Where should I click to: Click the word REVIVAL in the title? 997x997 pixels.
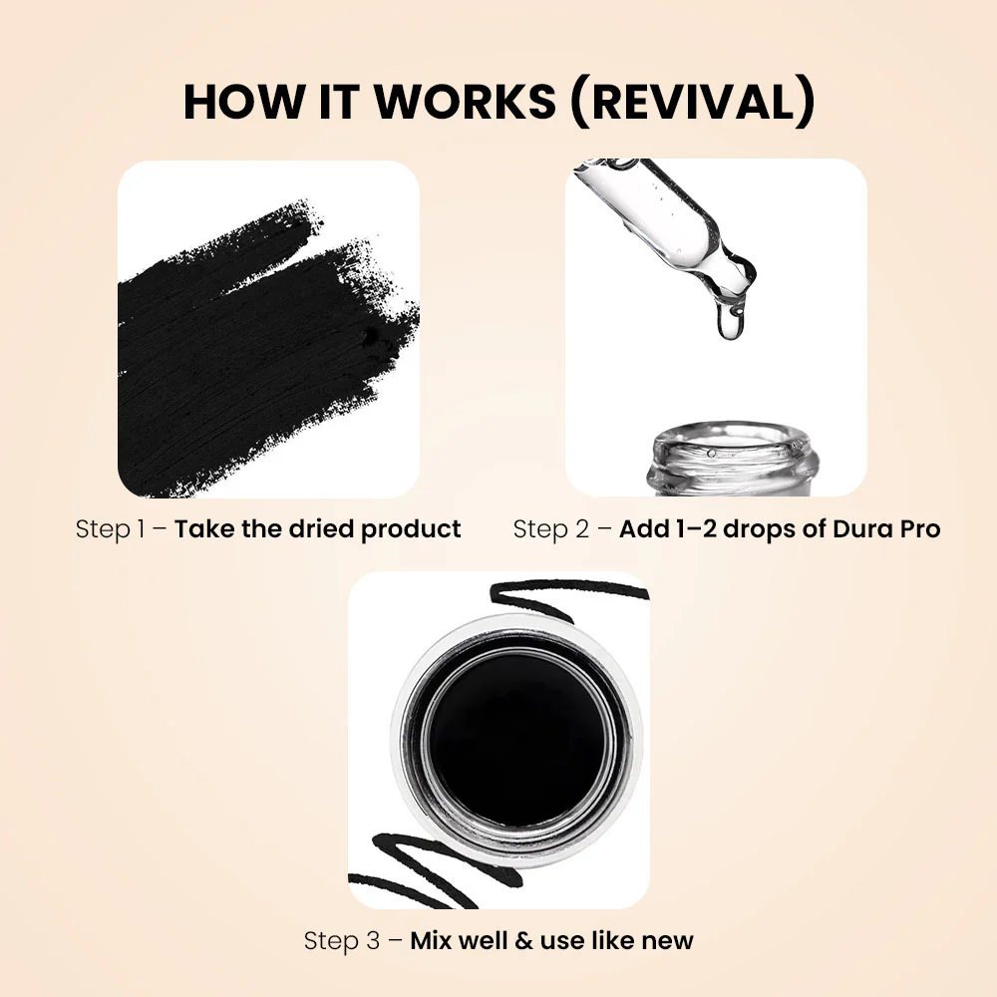coord(693,102)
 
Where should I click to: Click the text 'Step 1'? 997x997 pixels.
coord(111,529)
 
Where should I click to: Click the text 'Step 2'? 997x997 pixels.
coord(551,529)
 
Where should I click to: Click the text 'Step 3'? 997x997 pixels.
coord(342,940)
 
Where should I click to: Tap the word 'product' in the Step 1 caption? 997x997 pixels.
coord(411,529)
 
